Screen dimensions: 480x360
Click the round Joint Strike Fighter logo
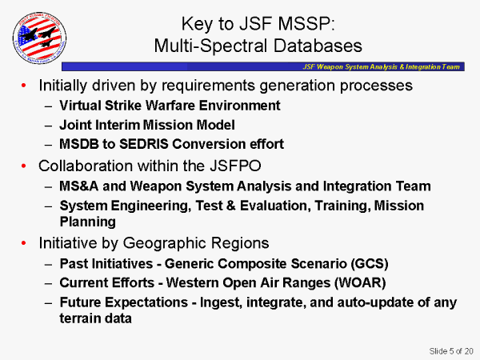tap(39, 38)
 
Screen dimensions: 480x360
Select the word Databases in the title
tap(318, 46)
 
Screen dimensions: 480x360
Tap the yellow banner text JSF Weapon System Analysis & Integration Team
tap(381, 66)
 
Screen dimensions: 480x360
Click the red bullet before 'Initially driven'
tap(24, 86)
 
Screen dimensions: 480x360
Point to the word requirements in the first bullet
tap(208, 86)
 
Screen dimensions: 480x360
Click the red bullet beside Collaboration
tap(24, 166)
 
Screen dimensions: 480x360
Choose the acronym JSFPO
tap(235, 166)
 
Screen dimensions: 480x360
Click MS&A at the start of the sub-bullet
tap(78, 186)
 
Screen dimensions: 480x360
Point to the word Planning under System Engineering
tap(88, 222)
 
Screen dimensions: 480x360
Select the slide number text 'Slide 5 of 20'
tap(451, 351)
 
